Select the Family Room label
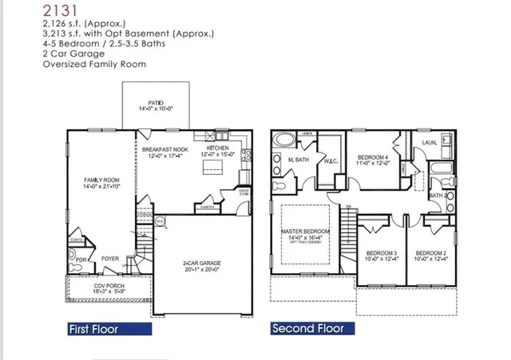101,183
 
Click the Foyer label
110,259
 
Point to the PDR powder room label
81,259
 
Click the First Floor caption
93,328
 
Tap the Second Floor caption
307,328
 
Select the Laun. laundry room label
429,143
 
